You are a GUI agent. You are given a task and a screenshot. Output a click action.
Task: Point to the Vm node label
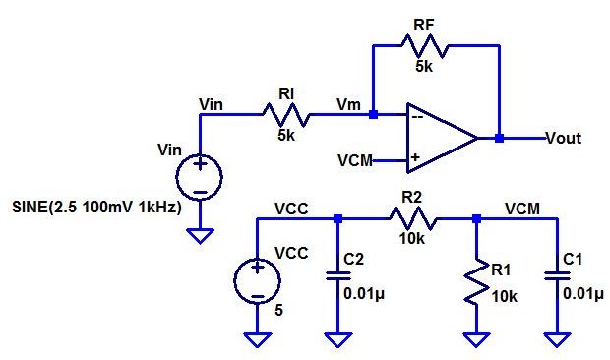347,103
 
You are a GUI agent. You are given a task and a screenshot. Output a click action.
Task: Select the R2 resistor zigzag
410,219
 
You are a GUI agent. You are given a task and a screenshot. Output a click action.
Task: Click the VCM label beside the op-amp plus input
353,159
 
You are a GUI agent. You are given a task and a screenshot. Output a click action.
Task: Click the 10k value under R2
410,239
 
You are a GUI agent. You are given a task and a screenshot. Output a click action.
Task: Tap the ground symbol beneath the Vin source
200,236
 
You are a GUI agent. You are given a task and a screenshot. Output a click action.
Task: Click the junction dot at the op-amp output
499,138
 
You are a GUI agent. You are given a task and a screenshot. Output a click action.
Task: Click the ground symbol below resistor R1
476,339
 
